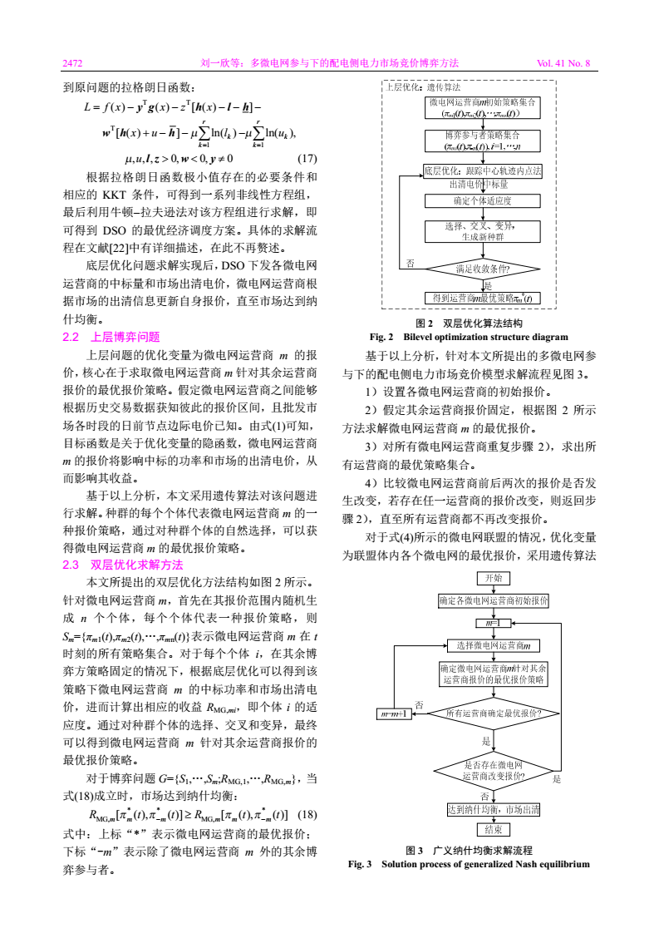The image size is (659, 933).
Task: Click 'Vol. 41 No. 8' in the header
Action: coord(563,62)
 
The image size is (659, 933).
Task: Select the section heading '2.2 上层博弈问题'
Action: coord(111,337)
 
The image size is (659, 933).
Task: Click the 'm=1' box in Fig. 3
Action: coord(492,623)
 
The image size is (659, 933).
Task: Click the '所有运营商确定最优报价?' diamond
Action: coord(492,713)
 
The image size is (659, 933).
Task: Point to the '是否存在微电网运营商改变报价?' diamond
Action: coord(492,770)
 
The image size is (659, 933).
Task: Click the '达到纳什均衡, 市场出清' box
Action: coord(492,809)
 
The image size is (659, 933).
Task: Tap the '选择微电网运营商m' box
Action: coord(492,644)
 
